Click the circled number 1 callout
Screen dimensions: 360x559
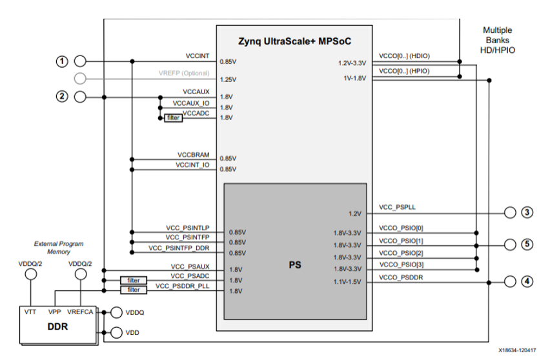click(x=62, y=61)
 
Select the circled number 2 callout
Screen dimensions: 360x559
click(x=62, y=97)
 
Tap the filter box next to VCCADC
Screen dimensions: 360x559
click(x=173, y=118)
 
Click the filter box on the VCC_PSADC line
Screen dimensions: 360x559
click(x=134, y=281)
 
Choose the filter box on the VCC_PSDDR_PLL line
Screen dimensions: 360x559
click(x=134, y=290)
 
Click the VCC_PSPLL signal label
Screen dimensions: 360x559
click(x=397, y=207)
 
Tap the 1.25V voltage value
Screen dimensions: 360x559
click(x=228, y=79)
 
